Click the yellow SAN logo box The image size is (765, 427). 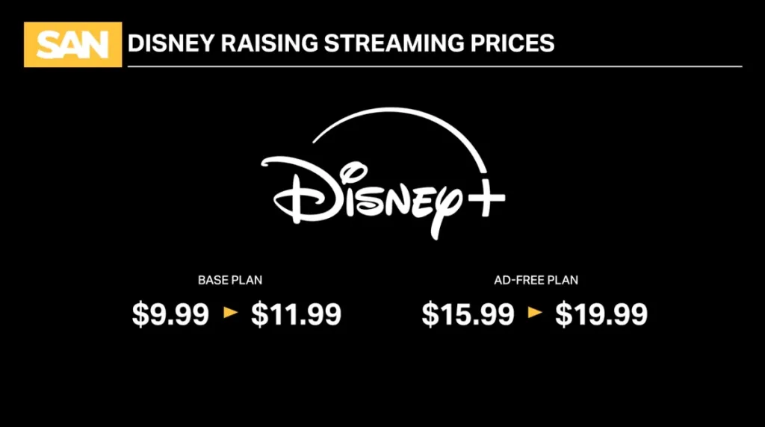click(72, 45)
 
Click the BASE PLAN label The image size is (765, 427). click(230, 281)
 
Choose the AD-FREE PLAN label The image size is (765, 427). click(536, 281)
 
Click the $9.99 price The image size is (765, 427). click(170, 314)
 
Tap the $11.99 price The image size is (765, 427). click(296, 314)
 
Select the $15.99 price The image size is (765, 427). click(468, 314)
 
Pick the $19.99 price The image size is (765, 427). click(601, 314)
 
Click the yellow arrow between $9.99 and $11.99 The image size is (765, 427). click(231, 314)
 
